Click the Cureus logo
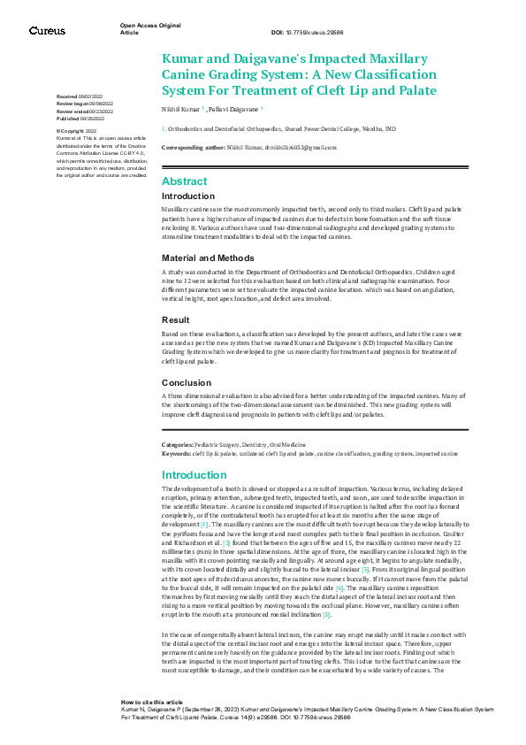47,31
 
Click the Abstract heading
184,180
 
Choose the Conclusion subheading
188,382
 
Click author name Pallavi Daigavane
234,110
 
